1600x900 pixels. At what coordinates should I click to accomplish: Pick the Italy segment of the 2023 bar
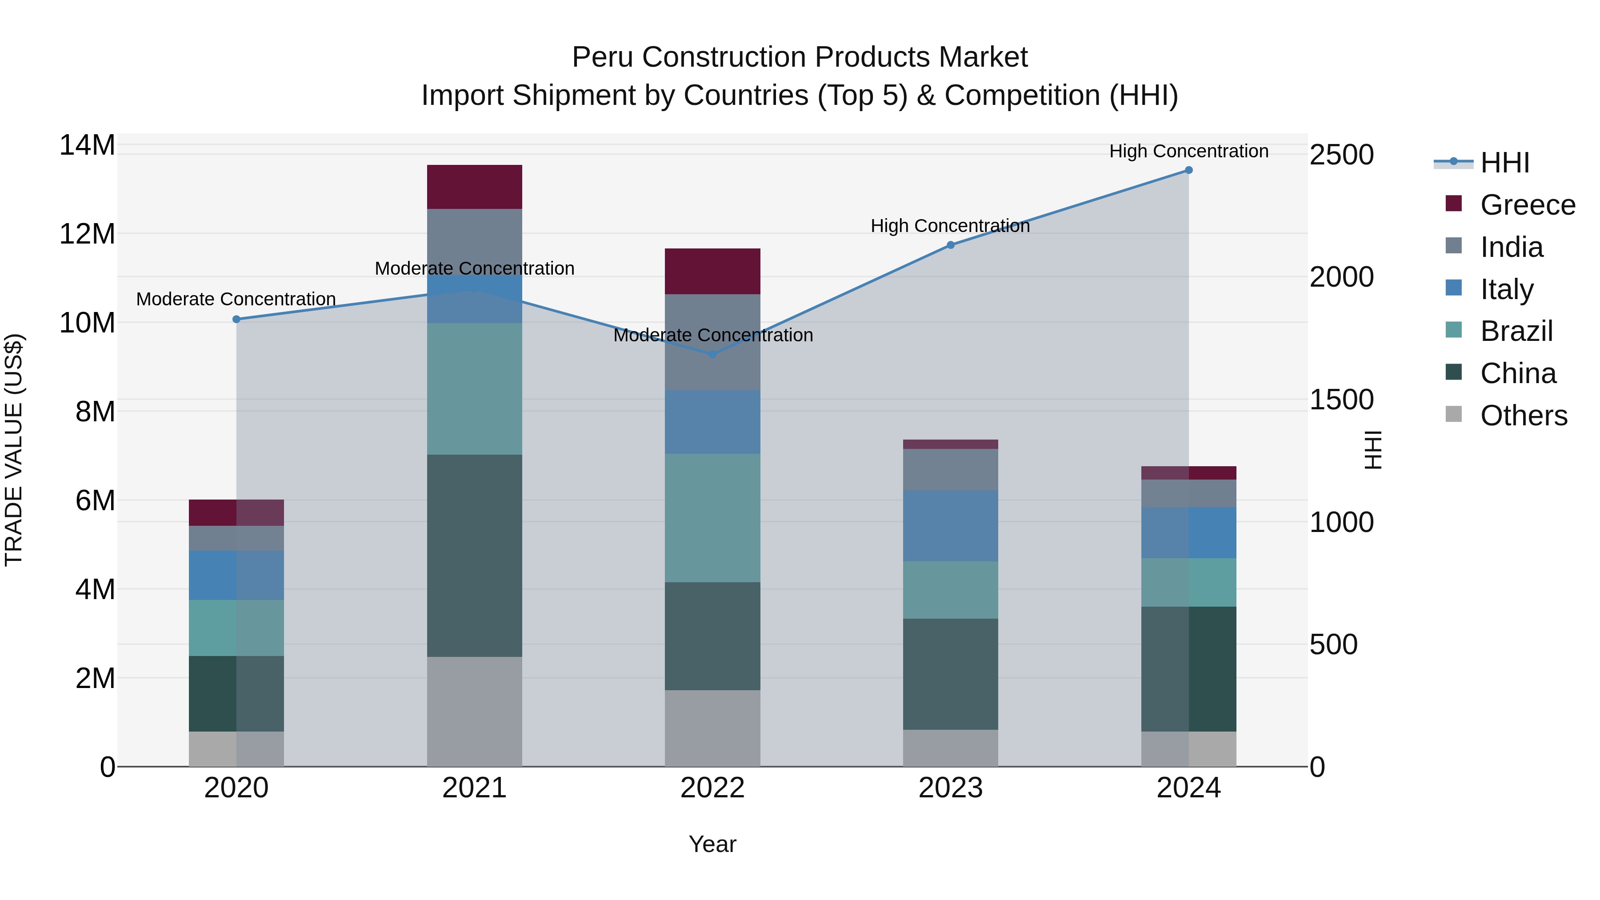[950, 525]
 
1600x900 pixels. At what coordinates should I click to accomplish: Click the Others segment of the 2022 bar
[712, 728]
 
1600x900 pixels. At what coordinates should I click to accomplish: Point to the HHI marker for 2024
[1188, 170]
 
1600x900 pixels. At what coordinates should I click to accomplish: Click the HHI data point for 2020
[236, 319]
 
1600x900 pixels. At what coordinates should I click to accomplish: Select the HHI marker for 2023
[950, 245]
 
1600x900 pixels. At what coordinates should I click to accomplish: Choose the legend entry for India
[1511, 247]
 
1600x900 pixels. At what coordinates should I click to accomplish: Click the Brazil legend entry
[1516, 331]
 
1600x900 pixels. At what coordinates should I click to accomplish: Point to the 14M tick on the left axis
[87, 145]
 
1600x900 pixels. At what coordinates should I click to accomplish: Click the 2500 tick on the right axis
[1342, 155]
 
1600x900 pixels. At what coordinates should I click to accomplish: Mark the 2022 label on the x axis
[712, 788]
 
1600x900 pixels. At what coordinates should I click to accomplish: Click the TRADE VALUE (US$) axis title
[14, 450]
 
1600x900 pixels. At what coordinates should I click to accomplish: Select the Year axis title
[712, 844]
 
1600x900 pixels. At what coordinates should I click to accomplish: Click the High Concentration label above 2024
[1188, 151]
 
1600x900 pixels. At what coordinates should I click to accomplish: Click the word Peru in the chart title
[604, 57]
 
